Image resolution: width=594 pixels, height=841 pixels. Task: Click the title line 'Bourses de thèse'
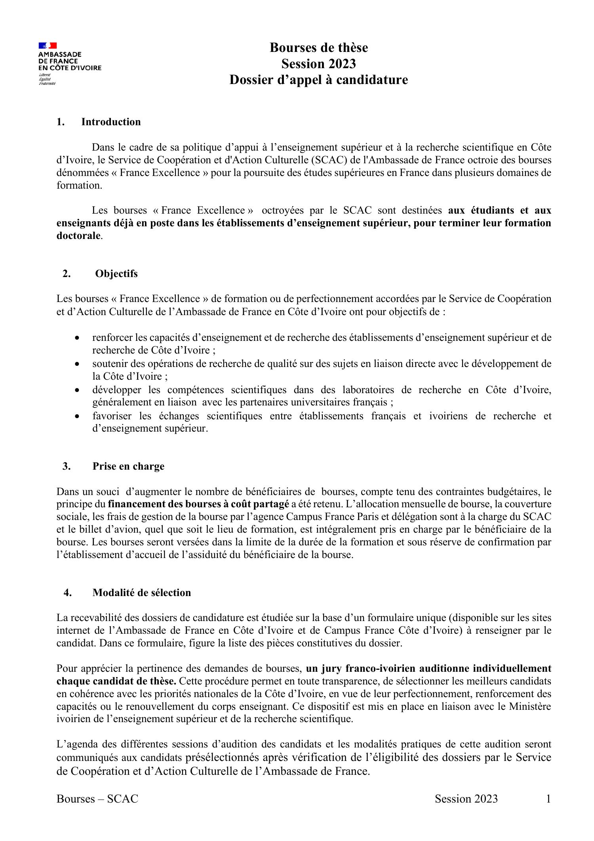(x=319, y=48)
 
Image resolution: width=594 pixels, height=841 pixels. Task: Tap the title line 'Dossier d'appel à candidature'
(x=319, y=80)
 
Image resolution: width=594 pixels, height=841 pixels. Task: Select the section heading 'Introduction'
(x=111, y=122)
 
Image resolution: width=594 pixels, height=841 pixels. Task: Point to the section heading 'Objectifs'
(x=116, y=274)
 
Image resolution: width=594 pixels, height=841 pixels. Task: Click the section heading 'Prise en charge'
(x=128, y=466)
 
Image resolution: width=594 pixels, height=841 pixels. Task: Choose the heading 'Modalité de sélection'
(x=141, y=593)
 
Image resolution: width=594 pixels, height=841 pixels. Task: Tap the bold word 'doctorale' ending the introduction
(x=79, y=236)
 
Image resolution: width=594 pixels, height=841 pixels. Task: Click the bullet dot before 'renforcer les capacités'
(x=77, y=338)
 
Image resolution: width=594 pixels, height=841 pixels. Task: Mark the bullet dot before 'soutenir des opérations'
(x=77, y=364)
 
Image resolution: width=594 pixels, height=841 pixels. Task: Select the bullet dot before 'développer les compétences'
(x=77, y=390)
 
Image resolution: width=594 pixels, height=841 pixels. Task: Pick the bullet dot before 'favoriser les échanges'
(x=77, y=416)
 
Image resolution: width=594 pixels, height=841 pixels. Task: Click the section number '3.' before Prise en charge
(x=66, y=466)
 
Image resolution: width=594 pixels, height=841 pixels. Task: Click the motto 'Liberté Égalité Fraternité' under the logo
(x=47, y=79)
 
